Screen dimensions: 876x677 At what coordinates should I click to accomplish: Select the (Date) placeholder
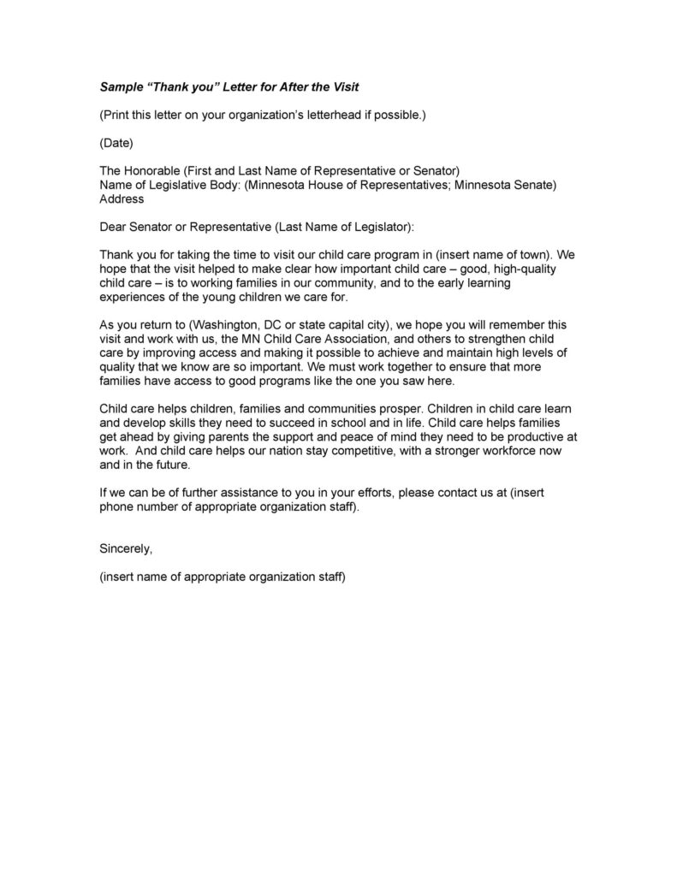tap(116, 142)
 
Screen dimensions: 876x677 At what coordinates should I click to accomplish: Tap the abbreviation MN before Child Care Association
tap(229, 339)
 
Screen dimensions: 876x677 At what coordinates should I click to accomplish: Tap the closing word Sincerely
tap(126, 548)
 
